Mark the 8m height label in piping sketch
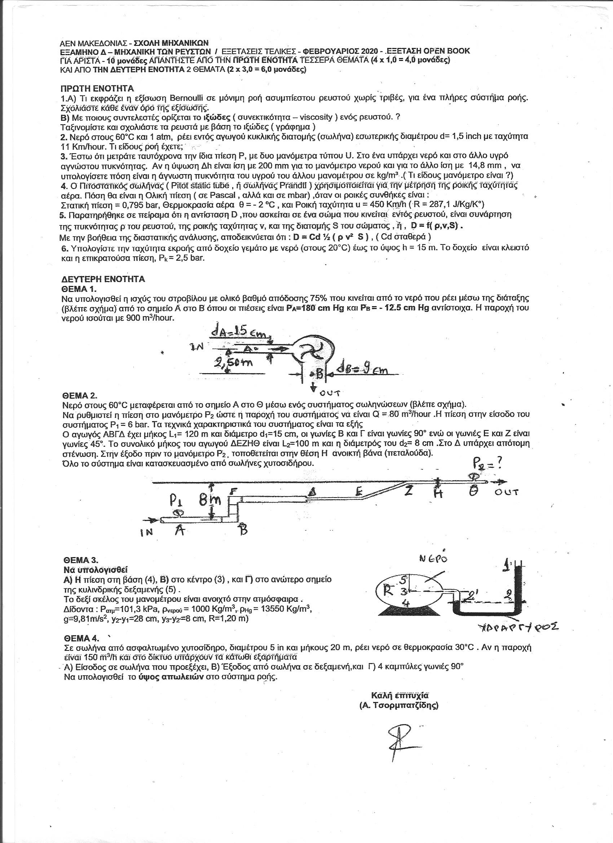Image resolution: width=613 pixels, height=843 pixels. click(x=209, y=502)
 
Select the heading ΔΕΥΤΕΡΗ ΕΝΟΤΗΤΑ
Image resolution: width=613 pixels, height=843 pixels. click(x=103, y=279)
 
